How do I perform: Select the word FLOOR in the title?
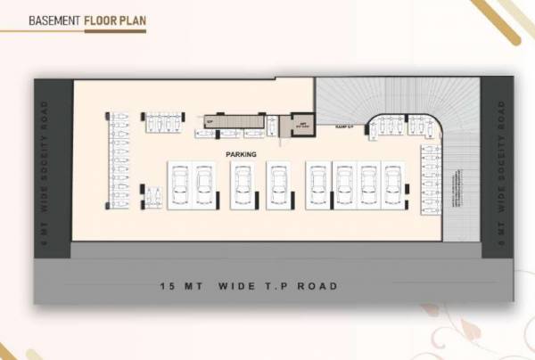click(103, 19)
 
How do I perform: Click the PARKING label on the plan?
click(241, 154)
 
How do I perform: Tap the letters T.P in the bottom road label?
click(271, 286)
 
